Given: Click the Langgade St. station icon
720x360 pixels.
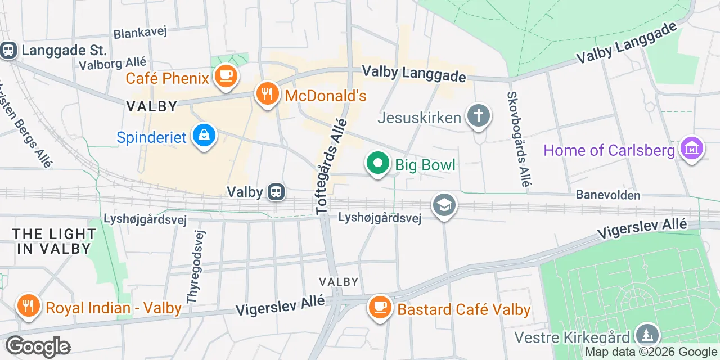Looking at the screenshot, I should click(x=8, y=51).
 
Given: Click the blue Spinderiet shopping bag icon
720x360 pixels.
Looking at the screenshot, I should click(x=204, y=136).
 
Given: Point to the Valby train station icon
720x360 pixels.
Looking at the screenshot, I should click(x=276, y=192).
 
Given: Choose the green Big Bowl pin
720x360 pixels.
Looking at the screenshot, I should click(x=378, y=164).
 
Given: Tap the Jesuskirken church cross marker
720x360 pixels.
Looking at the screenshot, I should click(x=478, y=117).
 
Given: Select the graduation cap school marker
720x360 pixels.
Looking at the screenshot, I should click(x=444, y=206).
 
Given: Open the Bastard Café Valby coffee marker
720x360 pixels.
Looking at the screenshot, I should click(x=381, y=308).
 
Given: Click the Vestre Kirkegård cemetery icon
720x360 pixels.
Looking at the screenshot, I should click(x=647, y=336).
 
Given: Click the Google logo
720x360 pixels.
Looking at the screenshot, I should click(x=38, y=346).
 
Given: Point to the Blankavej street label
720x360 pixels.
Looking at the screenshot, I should click(x=140, y=33).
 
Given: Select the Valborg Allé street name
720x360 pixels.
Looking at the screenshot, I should click(x=112, y=63).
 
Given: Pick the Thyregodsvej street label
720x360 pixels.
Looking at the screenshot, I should click(x=196, y=267).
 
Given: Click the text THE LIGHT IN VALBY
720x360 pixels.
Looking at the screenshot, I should click(x=54, y=241).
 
